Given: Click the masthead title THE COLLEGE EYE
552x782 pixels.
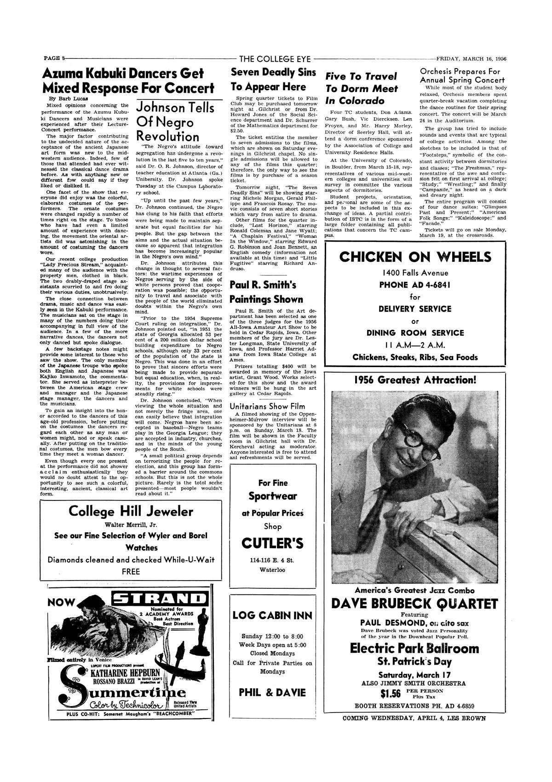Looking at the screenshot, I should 275,59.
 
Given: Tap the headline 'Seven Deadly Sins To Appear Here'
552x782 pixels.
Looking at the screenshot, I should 274,80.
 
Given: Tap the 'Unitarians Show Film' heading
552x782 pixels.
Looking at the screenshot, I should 262,406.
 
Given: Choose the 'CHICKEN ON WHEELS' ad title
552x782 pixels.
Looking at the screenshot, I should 415,257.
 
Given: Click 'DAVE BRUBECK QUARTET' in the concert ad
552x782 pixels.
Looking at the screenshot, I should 415,603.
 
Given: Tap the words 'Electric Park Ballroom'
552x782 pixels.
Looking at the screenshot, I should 415,649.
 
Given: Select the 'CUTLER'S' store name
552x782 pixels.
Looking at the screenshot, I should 272,544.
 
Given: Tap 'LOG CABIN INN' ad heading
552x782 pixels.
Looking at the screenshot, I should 272,615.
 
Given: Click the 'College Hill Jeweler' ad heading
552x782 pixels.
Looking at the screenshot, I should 131,512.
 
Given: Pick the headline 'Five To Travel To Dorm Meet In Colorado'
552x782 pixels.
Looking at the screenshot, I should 361,88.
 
